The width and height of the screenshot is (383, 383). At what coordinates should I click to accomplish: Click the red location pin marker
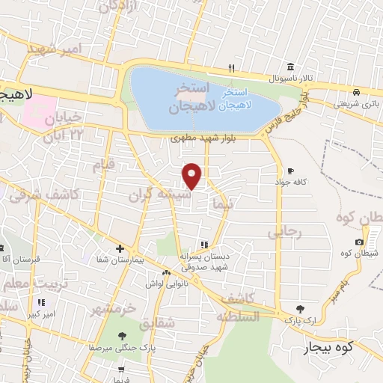point(193,177)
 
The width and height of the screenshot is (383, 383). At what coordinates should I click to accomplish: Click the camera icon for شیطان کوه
point(360,242)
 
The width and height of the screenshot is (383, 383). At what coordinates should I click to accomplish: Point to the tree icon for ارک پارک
point(300,309)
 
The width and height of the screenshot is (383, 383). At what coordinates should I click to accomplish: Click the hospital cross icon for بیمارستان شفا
point(120,249)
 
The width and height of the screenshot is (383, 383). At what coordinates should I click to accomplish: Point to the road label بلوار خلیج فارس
point(287,110)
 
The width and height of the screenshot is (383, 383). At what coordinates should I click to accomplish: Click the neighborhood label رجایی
point(284,233)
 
